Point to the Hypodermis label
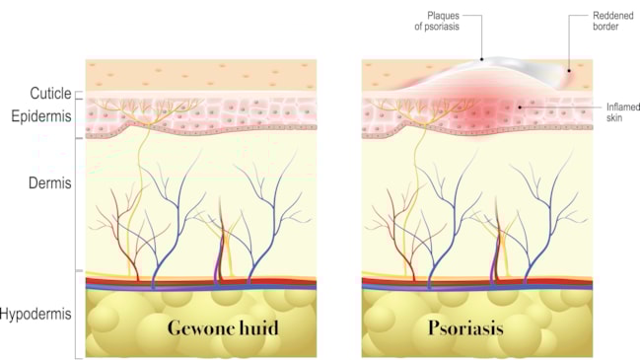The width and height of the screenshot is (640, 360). point(37,315)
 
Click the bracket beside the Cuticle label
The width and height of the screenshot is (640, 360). point(77,94)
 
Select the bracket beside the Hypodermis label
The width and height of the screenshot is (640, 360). point(77,315)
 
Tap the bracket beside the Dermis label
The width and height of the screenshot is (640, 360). point(77,205)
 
